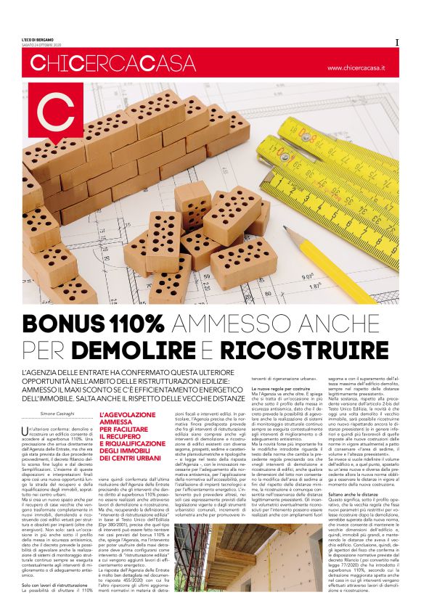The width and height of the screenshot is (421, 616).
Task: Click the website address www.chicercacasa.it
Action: pos(356,67)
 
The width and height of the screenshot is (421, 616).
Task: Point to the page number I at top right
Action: pos(396,42)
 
